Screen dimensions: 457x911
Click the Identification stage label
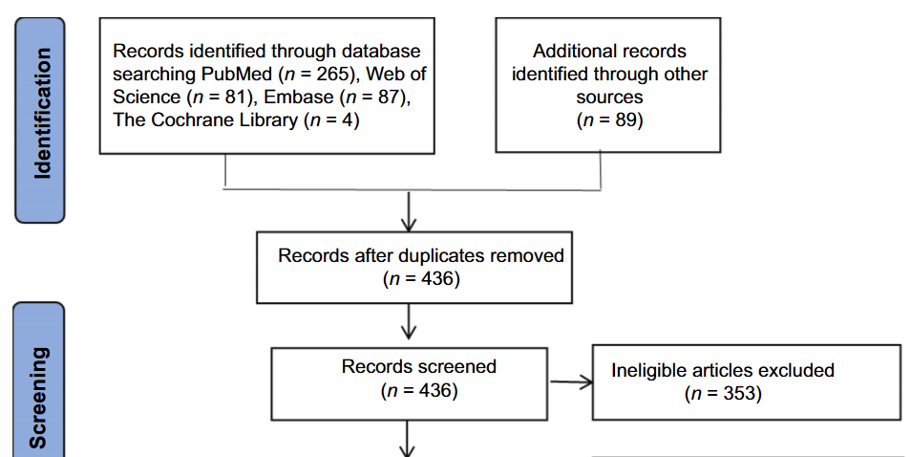pyautogui.click(x=40, y=120)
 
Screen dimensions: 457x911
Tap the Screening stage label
pyautogui.click(x=40, y=397)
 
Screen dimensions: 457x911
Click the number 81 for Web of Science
pyautogui.click(x=242, y=98)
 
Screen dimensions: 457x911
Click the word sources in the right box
pyautogui.click(x=609, y=98)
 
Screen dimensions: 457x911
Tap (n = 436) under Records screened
pyautogui.click(x=419, y=390)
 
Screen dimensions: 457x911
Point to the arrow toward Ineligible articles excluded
pyautogui.click(x=571, y=383)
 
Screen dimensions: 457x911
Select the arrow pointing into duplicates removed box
pyautogui.click(x=409, y=212)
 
